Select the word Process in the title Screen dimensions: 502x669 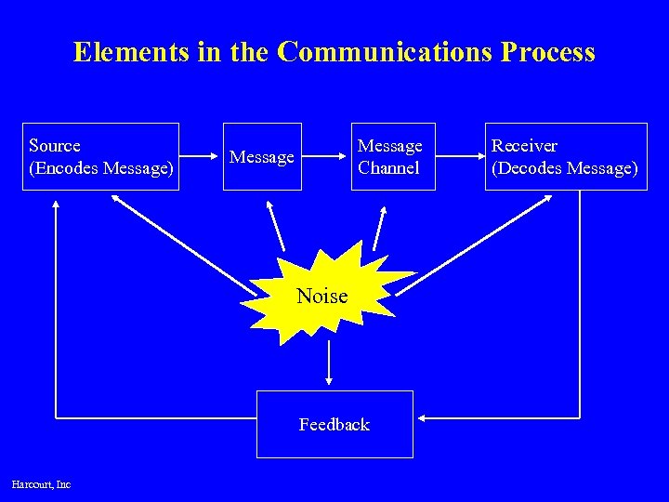coord(547,52)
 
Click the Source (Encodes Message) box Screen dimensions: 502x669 coord(100,156)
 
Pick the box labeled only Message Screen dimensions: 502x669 coord(262,156)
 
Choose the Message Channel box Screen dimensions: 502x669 coord(392,156)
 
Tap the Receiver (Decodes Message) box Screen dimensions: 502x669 coord(565,156)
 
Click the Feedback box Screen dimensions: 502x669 coord(334,424)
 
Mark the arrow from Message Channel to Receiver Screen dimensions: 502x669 coord(459,156)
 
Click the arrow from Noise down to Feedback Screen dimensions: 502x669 coord(328,363)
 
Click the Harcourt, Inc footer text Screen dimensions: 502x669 coord(41,483)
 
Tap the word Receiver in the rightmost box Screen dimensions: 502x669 coord(524,146)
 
